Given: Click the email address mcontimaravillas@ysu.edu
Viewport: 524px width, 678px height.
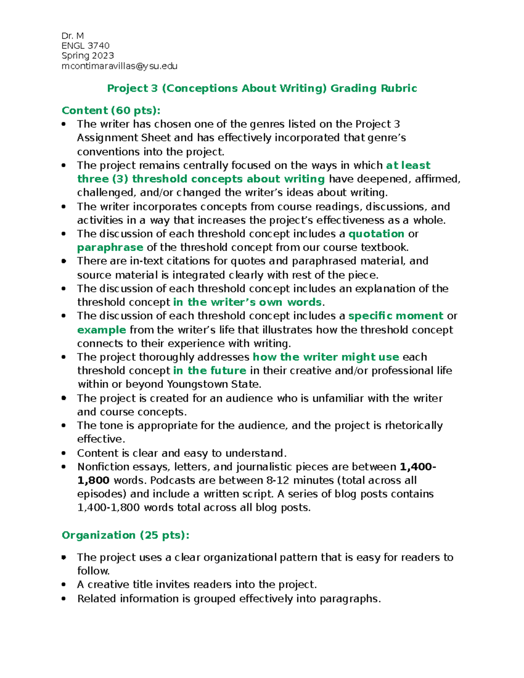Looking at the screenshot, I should [x=119, y=66].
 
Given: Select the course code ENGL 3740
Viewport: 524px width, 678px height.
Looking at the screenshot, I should [x=86, y=46].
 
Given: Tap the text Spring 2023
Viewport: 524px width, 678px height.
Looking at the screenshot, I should [x=88, y=56].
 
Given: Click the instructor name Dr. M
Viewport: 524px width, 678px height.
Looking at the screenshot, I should [x=72, y=36].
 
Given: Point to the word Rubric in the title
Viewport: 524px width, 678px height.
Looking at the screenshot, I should [x=399, y=89].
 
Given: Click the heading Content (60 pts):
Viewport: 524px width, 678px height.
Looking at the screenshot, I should [x=111, y=110].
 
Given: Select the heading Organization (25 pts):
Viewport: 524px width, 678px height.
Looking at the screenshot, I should [x=125, y=535].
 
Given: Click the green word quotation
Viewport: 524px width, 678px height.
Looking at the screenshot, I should [x=376, y=234].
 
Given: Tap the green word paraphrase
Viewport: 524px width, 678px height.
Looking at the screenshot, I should [x=110, y=248].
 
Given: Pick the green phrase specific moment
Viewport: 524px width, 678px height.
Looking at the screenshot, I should [x=395, y=316].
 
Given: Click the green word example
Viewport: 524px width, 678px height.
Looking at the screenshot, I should [x=101, y=330].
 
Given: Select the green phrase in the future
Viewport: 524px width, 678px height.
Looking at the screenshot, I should [x=210, y=371].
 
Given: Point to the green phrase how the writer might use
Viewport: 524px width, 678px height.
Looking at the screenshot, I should [x=325, y=357].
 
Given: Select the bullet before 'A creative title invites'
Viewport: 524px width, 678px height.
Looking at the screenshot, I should [x=64, y=585].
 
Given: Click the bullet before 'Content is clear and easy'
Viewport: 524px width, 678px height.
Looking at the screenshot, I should [x=64, y=453].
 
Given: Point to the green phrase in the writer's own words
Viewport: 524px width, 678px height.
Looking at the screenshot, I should [x=247, y=302].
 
